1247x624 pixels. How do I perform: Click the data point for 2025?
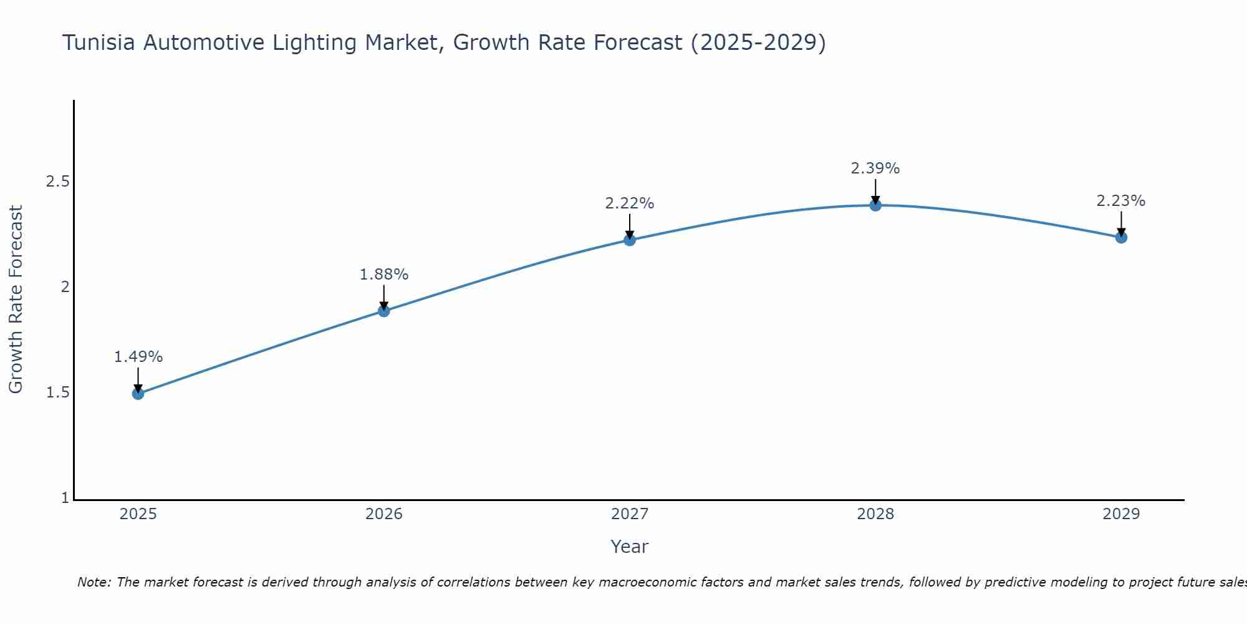[x=138, y=393]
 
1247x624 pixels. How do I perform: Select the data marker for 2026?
[x=384, y=311]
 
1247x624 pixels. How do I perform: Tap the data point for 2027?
[x=630, y=240]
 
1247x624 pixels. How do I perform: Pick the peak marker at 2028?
[x=875, y=205]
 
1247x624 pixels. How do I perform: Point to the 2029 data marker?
[x=1121, y=237]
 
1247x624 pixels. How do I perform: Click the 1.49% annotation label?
[x=138, y=357]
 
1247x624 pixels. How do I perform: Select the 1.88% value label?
[x=384, y=275]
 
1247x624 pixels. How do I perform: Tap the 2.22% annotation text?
[x=630, y=203]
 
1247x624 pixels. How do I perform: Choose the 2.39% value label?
[x=875, y=168]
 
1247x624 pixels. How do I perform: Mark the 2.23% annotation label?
[x=1121, y=201]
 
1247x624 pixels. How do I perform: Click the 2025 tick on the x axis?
[x=138, y=514]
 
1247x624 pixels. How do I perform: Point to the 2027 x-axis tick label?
[x=630, y=514]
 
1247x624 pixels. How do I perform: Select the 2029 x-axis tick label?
[x=1121, y=514]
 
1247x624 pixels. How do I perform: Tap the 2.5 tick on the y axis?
[x=57, y=182]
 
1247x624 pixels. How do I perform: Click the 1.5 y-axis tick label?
[x=57, y=392]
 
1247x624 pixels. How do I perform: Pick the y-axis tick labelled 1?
[x=65, y=498]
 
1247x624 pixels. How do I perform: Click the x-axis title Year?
[x=630, y=547]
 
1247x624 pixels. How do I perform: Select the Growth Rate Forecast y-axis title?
[x=16, y=300]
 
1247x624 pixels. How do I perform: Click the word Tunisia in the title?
[x=99, y=42]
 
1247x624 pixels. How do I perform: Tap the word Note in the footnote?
[x=94, y=582]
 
